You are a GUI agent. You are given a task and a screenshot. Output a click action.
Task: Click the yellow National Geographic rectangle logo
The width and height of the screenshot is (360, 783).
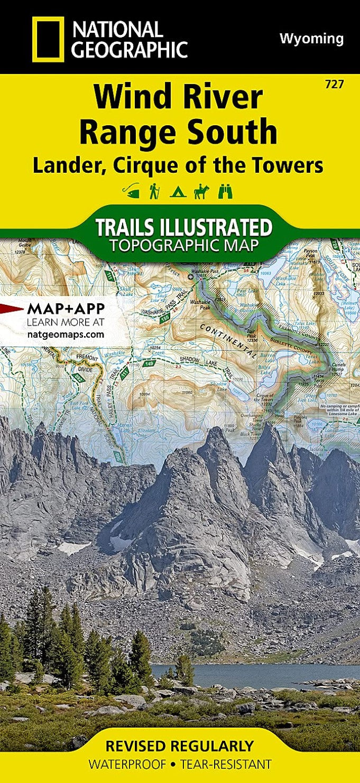[48, 39]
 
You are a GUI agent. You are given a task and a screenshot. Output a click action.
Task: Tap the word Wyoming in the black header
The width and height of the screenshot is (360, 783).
[311, 39]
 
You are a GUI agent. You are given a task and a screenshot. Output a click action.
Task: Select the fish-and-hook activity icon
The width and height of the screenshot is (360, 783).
[131, 191]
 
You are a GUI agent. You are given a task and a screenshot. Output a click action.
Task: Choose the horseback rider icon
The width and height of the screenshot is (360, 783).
[201, 191]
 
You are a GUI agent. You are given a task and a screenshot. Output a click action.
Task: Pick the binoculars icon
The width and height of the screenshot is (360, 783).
[225, 191]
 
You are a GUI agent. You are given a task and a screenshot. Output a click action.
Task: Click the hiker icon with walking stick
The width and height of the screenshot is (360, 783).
[154, 191]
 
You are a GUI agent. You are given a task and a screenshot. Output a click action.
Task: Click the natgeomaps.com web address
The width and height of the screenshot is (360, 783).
[65, 334]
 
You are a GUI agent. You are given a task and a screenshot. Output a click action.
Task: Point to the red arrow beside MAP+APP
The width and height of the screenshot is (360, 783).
[11, 309]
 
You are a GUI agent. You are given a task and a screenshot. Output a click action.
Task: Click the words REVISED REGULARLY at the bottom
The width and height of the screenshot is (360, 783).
[179, 746]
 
